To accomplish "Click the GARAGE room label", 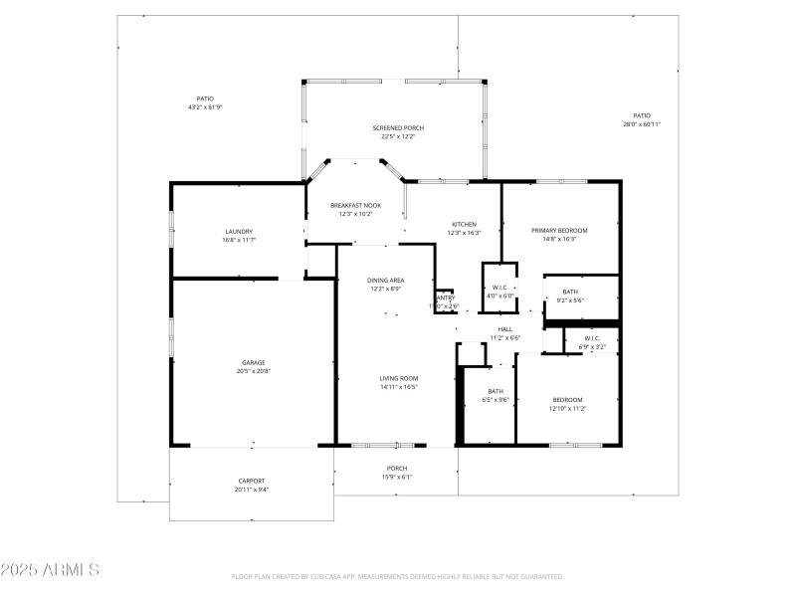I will [x=253, y=362].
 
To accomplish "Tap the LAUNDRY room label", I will [x=239, y=231].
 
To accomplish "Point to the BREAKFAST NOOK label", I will [x=356, y=205].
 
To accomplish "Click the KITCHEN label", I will [x=465, y=224].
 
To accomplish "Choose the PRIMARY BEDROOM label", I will [x=559, y=230].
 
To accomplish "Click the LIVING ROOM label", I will [x=398, y=378].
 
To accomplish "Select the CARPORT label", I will [x=251, y=481].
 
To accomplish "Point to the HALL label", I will [x=504, y=329].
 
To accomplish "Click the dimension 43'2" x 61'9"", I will [x=205, y=107].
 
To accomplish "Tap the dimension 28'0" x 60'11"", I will [x=642, y=124].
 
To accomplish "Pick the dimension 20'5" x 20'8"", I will [x=253, y=371].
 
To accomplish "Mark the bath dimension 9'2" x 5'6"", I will [x=570, y=300].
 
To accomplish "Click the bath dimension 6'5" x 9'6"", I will [x=496, y=400].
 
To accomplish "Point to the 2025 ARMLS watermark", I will [x=50, y=570].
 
